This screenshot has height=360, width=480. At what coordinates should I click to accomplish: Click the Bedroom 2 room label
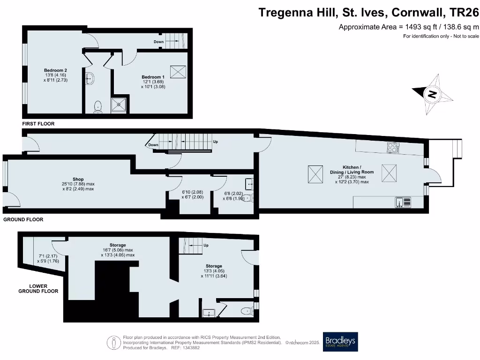55,70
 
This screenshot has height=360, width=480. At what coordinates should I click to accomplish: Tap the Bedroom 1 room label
153,77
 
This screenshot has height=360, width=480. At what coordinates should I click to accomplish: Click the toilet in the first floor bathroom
98,107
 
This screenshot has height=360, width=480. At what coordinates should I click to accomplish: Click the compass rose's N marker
432,94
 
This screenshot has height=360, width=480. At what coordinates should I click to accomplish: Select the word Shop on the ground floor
78,179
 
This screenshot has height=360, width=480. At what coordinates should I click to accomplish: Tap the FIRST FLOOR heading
38,124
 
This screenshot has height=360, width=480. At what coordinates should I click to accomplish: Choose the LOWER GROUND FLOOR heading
38,288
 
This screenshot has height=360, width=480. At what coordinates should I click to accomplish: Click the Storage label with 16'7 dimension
118,245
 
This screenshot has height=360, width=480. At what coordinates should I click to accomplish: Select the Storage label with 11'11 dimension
213,266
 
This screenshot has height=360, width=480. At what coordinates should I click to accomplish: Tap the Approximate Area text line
409,27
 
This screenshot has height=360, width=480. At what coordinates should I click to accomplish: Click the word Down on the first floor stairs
158,42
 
